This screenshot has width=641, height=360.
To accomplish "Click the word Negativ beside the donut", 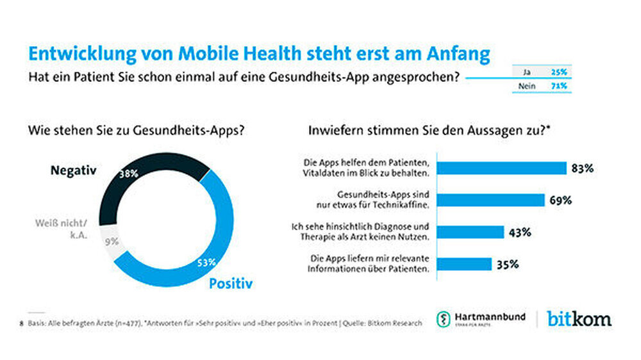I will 72,171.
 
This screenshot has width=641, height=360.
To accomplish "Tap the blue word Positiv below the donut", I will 231,282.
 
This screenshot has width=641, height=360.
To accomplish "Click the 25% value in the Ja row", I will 560,72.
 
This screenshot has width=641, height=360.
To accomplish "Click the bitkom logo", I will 579,318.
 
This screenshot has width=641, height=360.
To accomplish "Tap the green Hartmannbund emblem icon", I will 443,319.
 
